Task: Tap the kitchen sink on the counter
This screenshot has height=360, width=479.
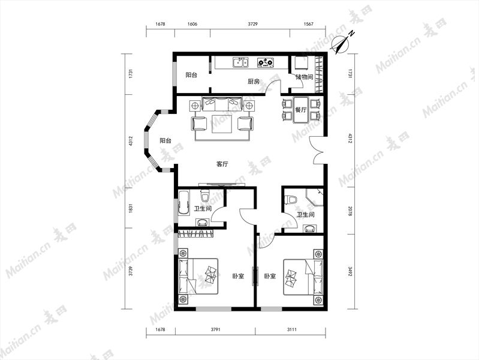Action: coord(241,63)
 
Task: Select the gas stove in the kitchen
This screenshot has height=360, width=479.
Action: coord(265,63)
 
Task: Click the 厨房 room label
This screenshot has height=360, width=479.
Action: coord(254,82)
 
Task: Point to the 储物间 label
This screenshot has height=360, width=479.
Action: coord(305,77)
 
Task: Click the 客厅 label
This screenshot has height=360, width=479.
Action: coord(222,164)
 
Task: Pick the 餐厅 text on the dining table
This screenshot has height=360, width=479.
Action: coord(301,110)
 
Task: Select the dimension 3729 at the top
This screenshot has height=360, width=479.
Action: coord(252,24)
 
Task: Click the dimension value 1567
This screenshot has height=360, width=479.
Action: coord(309,24)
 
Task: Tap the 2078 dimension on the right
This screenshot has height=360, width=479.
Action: coord(350,211)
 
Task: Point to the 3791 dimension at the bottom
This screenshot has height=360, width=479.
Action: coord(215,329)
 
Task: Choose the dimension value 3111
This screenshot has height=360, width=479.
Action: coord(292,329)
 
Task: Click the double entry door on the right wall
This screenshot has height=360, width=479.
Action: coord(317,150)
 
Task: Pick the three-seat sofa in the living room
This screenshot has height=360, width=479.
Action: coord(222,104)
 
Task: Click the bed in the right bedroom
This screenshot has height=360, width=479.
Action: coord(303,277)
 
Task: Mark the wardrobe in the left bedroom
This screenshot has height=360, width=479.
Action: coord(195,233)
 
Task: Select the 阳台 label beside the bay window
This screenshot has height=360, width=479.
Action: coord(165,140)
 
